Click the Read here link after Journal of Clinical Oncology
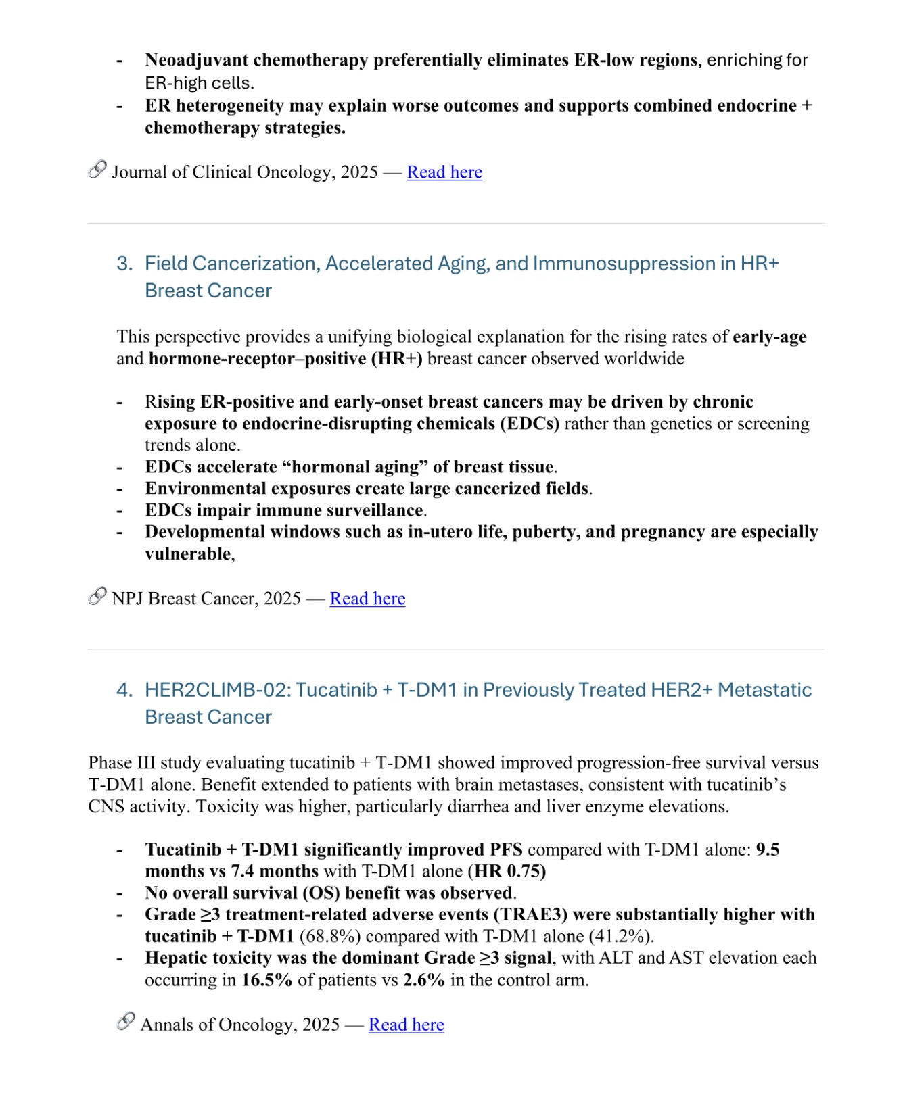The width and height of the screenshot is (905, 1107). [x=444, y=172]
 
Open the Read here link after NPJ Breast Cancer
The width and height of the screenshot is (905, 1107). [x=367, y=599]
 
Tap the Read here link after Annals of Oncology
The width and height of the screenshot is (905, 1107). [x=406, y=1025]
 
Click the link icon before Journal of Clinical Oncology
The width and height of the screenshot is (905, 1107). [x=97, y=170]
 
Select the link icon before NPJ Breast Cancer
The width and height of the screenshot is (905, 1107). [x=97, y=597]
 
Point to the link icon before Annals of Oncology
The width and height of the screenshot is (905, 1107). [x=126, y=1023]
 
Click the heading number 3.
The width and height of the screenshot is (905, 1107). [x=124, y=264]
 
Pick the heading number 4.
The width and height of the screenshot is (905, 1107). [x=124, y=690]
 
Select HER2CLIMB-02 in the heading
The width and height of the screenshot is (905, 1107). [x=217, y=690]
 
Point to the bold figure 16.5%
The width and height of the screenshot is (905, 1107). [x=266, y=981]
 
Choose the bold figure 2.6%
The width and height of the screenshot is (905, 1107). [x=424, y=981]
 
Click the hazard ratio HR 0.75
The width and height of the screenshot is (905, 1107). [x=509, y=872]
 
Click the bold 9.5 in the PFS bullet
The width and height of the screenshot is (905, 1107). [x=768, y=850]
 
